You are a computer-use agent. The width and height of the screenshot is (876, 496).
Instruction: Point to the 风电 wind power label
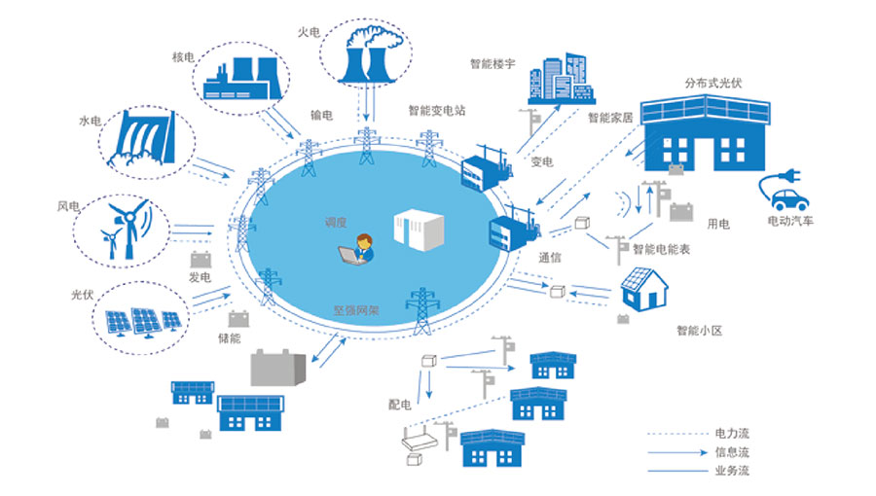click(x=68, y=206)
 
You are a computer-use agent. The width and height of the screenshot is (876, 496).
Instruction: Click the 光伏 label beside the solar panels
click(x=82, y=294)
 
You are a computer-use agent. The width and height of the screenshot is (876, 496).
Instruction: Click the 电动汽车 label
click(x=790, y=222)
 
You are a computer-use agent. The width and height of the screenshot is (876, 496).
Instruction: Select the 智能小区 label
click(x=699, y=331)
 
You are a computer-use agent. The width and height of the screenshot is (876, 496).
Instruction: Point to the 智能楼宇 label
click(x=493, y=65)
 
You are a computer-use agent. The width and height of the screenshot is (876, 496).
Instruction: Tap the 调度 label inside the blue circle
click(x=336, y=222)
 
